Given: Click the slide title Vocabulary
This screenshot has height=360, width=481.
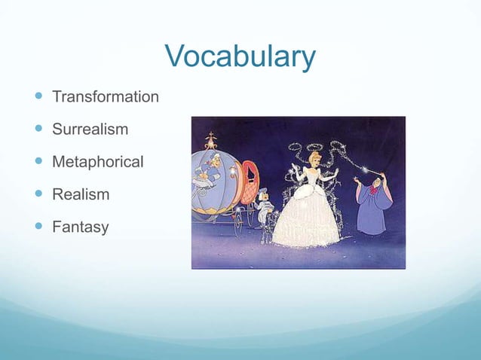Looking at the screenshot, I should (x=240, y=57).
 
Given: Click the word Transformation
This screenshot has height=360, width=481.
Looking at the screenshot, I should (x=105, y=97).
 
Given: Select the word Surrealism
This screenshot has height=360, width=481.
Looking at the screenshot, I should (x=90, y=130).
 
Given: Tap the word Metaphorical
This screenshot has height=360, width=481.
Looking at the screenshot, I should (x=97, y=162).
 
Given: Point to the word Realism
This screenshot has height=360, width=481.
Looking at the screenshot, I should (x=80, y=194).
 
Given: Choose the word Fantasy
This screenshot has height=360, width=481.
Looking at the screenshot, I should (x=80, y=227).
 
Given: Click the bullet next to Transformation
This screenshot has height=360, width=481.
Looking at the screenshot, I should (x=37, y=97).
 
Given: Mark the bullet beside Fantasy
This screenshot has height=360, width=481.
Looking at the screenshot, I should (x=37, y=227).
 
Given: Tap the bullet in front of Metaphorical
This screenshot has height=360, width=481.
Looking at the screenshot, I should (x=37, y=162).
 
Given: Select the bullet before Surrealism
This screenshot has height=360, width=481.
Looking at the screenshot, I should (x=37, y=130).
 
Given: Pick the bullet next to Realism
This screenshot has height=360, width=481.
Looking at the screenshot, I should (x=37, y=194).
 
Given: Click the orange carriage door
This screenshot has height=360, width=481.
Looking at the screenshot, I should (x=247, y=185).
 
